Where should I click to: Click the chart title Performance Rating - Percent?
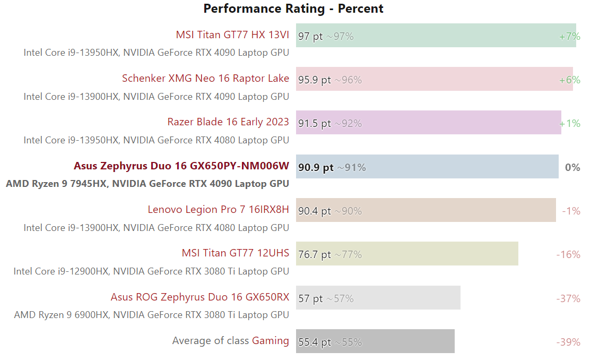click(x=293, y=8)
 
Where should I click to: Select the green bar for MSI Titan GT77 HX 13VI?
click(x=436, y=35)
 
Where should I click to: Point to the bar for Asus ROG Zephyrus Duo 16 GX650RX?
click(x=378, y=298)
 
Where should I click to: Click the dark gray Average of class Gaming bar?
click(x=375, y=341)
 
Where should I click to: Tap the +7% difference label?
click(x=569, y=37)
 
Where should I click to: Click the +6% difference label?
click(x=569, y=80)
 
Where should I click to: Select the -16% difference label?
click(x=568, y=255)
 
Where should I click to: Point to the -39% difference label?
click(x=568, y=342)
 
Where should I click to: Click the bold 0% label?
click(x=572, y=168)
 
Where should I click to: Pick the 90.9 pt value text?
click(x=316, y=168)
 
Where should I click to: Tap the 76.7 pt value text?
click(x=315, y=255)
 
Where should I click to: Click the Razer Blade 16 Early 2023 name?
click(x=228, y=122)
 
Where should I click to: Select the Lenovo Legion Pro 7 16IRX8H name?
click(x=218, y=210)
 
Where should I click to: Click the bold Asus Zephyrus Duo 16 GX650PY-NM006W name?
click(x=181, y=166)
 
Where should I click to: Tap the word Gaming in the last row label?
click(x=271, y=341)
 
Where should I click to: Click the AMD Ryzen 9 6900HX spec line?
click(x=151, y=315)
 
